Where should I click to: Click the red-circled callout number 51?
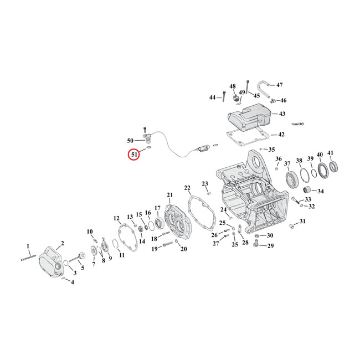coord(133,155)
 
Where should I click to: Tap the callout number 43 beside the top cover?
coord(282,114)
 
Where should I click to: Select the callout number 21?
coord(169,194)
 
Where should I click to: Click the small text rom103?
coord(297,124)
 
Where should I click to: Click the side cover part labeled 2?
coord(54,264)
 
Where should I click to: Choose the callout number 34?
coord(321,191)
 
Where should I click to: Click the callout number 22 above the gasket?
coord(187,188)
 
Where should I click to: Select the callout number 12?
coord(116,218)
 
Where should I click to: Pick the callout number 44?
coord(212,97)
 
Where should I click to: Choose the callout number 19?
coord(155,249)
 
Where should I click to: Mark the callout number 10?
coord(89,231)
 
